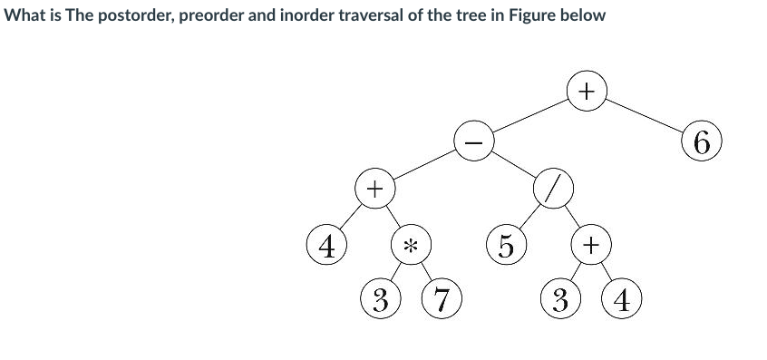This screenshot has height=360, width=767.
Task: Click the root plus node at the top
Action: point(587,92)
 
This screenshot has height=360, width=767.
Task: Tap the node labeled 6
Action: point(704,143)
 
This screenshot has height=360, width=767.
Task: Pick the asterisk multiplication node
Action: point(410,245)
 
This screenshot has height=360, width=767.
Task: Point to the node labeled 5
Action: point(505,245)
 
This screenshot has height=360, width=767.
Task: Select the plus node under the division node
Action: point(589,245)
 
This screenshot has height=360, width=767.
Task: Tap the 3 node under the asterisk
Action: point(380,298)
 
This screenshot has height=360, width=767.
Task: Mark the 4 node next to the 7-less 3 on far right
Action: point(623,298)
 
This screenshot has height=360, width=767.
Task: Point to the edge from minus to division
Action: point(513,167)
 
